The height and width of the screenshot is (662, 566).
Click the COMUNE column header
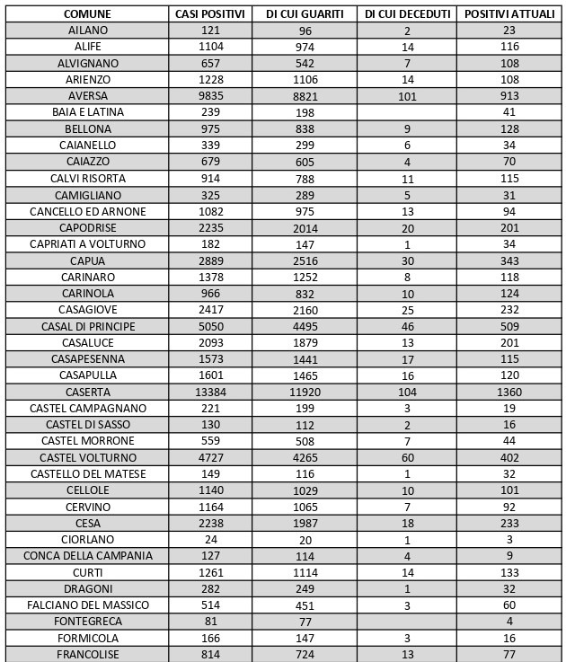[x=87, y=14]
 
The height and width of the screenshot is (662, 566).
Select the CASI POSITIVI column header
[x=211, y=14]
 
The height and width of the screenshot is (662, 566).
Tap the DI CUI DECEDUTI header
[x=407, y=14]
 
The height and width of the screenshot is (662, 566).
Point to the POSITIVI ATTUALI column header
[x=509, y=14]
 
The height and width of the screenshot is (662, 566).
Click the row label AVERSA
[x=87, y=96]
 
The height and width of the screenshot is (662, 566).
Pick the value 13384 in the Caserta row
[x=211, y=392]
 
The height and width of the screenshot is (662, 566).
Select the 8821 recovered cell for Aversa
[x=305, y=96]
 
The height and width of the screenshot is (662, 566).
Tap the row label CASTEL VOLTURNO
[x=87, y=457]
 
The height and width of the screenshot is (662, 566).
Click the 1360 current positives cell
[x=509, y=392]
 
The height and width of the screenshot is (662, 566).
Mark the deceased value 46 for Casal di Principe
[x=407, y=326]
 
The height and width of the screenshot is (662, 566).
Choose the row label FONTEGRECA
[x=87, y=622]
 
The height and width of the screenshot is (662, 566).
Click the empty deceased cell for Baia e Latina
[x=407, y=112]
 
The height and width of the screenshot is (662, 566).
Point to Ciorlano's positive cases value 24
[x=211, y=539]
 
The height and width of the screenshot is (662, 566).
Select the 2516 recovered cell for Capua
[x=305, y=260]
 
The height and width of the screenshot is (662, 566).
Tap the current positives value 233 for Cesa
[x=509, y=523]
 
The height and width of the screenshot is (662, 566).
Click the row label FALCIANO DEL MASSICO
[x=87, y=605]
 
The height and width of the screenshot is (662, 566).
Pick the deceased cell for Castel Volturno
[x=407, y=457]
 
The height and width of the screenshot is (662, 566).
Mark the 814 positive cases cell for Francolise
[x=211, y=654]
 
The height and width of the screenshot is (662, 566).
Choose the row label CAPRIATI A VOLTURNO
[x=87, y=243]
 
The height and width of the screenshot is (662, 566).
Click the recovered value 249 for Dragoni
[x=305, y=588]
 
